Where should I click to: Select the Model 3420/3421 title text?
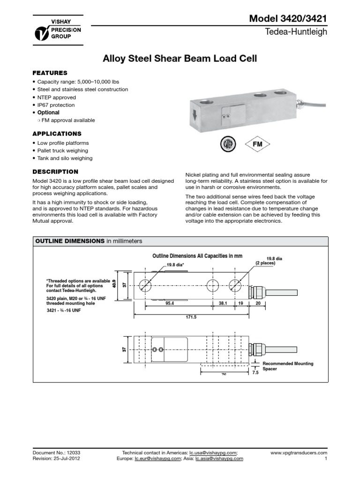pyautogui.click(x=288, y=18)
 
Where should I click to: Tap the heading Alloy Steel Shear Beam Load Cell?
pyautogui.click(x=180, y=59)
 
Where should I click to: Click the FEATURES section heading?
pyautogui.click(x=50, y=73)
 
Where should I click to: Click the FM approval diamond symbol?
pyautogui.click(x=258, y=144)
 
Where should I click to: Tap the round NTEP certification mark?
pyautogui.click(x=228, y=144)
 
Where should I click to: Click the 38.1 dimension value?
pyautogui.click(x=223, y=303)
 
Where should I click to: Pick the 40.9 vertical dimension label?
pyautogui.click(x=114, y=285)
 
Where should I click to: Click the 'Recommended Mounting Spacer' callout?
pyautogui.click(x=287, y=366)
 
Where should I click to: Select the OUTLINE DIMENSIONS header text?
pyautogui.click(x=68, y=241)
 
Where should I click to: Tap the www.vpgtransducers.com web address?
pyautogui.click(x=299, y=453)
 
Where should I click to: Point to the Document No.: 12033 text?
pyautogui.click(x=53, y=453)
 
